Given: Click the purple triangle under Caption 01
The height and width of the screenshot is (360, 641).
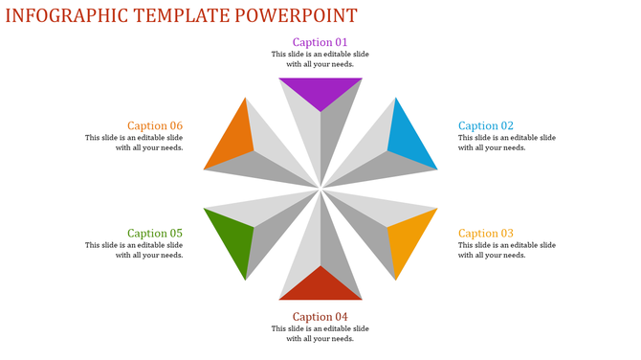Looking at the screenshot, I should (320, 90).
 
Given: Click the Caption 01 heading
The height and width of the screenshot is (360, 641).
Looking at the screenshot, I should (320, 42).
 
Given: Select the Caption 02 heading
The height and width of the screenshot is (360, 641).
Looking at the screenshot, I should (486, 125).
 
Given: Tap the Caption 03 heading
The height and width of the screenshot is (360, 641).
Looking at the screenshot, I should (486, 234).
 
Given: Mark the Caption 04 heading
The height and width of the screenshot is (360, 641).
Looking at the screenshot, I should (320, 317).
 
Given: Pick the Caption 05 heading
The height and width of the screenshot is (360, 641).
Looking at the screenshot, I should (155, 234).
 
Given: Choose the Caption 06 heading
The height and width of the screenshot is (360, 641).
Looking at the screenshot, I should (155, 125).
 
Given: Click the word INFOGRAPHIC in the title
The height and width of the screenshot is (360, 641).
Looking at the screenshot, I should (67, 15).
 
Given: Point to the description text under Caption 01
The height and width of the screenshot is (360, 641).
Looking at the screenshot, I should (320, 59).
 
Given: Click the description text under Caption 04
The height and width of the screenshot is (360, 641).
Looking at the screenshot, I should (320, 334).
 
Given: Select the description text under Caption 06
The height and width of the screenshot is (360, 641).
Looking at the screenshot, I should (134, 143).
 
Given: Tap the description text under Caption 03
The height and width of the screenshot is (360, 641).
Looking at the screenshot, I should (507, 250).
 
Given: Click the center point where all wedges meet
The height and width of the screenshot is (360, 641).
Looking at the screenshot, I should (320, 189).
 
